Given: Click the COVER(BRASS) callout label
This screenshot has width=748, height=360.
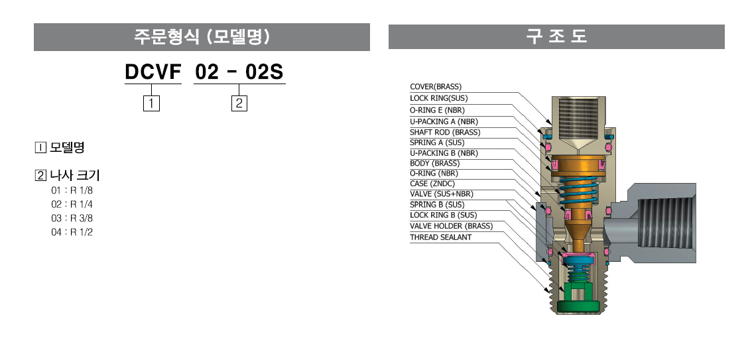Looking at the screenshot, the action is (x=436, y=87).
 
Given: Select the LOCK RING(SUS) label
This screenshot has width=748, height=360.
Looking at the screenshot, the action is (x=439, y=98).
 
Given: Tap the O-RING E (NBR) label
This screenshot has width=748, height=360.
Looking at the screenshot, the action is (x=437, y=110).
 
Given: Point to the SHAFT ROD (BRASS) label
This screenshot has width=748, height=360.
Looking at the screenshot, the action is (x=445, y=132).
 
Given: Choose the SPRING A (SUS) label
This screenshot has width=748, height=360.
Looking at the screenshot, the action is (x=437, y=143).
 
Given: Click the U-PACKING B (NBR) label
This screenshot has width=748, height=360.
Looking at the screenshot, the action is (x=444, y=153).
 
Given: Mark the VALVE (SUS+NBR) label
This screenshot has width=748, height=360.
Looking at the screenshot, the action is (x=442, y=194).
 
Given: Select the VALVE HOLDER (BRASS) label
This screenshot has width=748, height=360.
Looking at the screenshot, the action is (x=452, y=226).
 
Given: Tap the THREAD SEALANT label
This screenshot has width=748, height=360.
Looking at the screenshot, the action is (x=441, y=237).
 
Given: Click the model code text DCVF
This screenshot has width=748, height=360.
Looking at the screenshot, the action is (x=153, y=72).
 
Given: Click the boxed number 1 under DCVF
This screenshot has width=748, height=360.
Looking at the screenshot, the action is (x=151, y=103).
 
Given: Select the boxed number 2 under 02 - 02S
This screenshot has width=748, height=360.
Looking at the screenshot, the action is (x=239, y=103).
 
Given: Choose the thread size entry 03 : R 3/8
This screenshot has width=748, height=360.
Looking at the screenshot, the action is (x=72, y=218).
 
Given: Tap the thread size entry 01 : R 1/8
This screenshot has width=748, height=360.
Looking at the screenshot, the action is (x=72, y=191).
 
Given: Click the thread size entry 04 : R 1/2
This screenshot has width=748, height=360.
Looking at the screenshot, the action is (x=72, y=232).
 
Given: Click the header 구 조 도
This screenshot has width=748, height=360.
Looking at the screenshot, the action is (x=556, y=36).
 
